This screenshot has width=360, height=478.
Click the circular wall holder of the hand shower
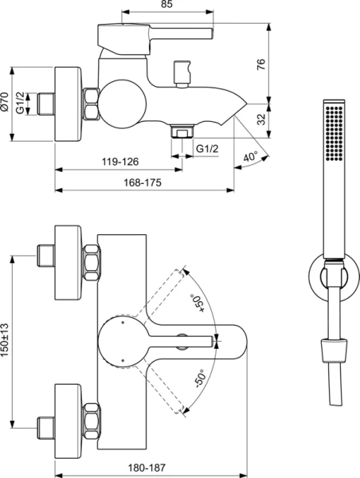pos(335,275)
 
